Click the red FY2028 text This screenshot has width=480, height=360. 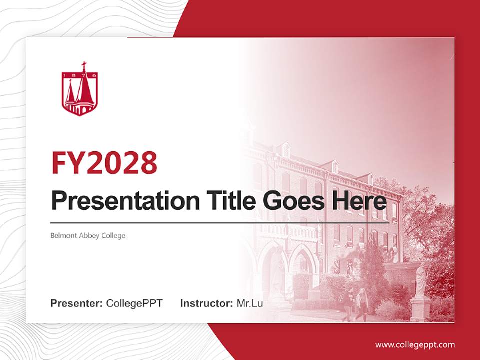pos(104,163)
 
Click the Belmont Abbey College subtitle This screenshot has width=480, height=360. pos(88,235)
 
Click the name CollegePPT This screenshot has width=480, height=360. pos(134,303)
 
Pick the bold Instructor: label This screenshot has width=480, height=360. pos(206,303)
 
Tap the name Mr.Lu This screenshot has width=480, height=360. pos(250,303)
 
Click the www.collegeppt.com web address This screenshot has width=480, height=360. pos(415,345)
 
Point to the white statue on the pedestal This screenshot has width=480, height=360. pos(421,280)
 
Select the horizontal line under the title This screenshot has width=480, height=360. pos(220,223)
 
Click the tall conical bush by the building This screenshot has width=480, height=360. pos(372,270)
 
